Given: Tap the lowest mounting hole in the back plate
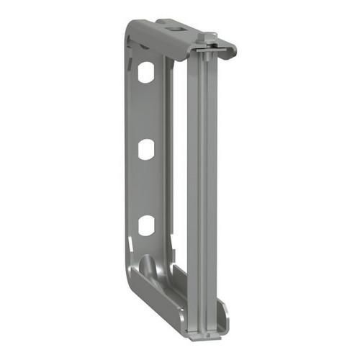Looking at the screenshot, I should coord(146,225).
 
